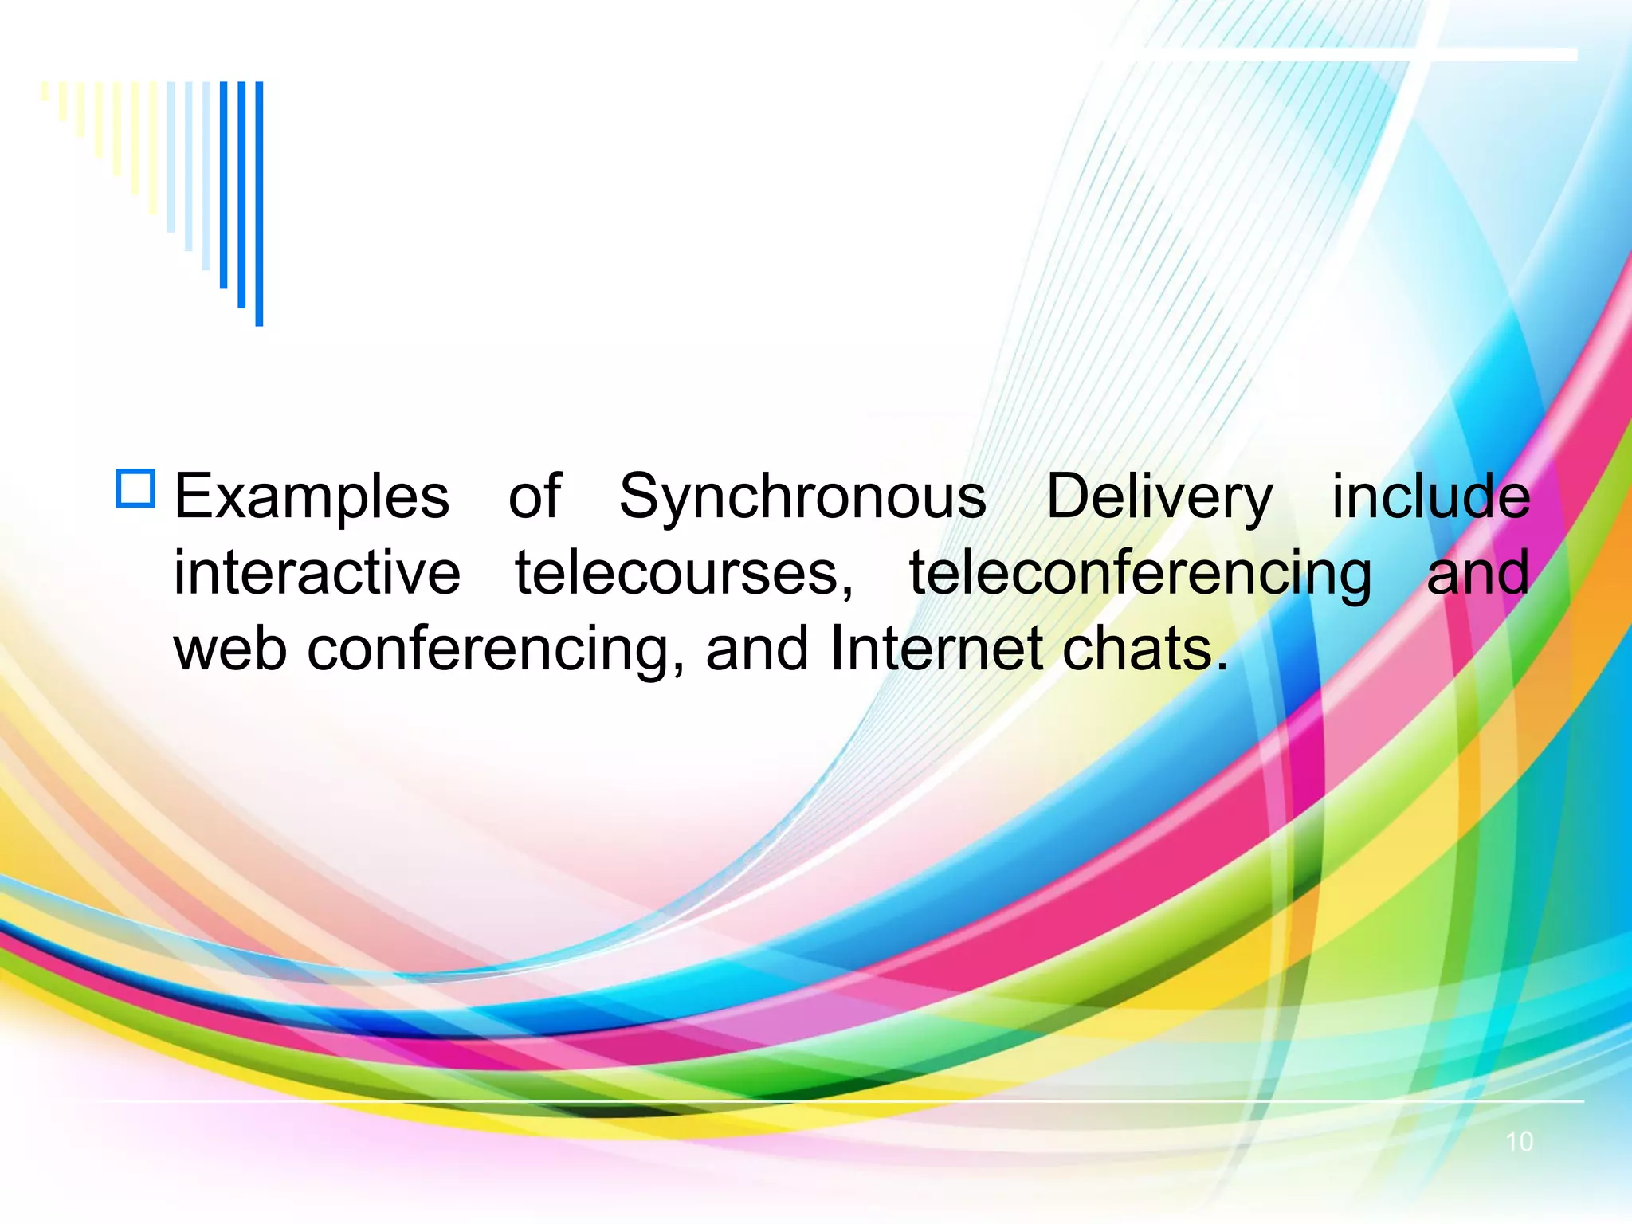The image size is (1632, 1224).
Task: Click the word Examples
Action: (x=312, y=496)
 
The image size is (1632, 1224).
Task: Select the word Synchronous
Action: (x=802, y=496)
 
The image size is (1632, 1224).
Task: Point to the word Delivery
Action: (x=1159, y=496)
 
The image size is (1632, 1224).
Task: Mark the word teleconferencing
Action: (x=1140, y=575)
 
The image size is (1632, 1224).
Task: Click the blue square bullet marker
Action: (x=135, y=488)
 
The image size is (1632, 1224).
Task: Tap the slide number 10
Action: (x=1519, y=1142)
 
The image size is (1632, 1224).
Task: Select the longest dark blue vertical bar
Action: (x=259, y=203)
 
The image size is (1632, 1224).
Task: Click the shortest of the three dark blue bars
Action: (x=224, y=184)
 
